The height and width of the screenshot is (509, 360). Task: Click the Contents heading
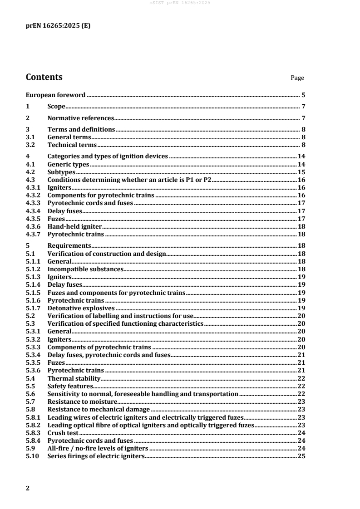point(44,77)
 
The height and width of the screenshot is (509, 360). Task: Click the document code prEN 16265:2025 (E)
point(58,26)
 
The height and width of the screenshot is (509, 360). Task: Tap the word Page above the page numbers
point(297,78)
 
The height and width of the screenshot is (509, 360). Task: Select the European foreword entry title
point(55,95)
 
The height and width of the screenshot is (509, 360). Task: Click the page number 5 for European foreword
point(303,95)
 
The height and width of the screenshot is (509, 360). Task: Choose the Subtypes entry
point(61,172)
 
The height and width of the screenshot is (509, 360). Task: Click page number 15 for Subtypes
point(301,172)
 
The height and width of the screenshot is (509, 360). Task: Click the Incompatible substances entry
point(85,269)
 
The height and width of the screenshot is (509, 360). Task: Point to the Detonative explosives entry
point(81,308)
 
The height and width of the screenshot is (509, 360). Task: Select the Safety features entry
point(70,386)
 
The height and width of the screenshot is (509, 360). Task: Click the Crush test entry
point(60,432)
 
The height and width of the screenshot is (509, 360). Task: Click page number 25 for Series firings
point(301,456)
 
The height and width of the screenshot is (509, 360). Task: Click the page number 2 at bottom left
point(28,488)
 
